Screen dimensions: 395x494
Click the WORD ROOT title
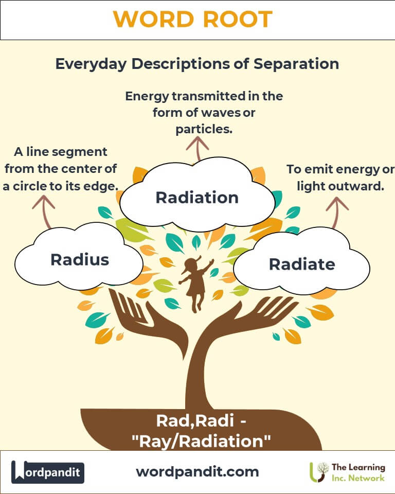[x=193, y=19]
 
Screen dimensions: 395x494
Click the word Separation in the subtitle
[x=296, y=64]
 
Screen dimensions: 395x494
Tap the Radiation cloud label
[x=197, y=198]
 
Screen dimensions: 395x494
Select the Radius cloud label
[x=80, y=259]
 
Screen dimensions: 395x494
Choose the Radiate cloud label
[x=302, y=264]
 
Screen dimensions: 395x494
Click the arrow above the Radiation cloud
[x=197, y=148]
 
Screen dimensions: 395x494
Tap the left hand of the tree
[x=148, y=321]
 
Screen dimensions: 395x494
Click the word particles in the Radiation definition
[x=204, y=129]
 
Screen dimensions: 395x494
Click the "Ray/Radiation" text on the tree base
[x=201, y=441]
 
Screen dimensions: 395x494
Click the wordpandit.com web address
[x=197, y=472]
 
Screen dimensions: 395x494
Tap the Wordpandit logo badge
[x=47, y=472]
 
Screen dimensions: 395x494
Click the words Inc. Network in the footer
[x=358, y=478]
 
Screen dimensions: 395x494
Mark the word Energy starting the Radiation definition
[x=148, y=96]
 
